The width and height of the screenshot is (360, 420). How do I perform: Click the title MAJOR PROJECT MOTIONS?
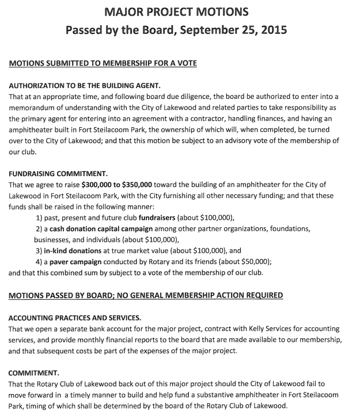tap(180, 11)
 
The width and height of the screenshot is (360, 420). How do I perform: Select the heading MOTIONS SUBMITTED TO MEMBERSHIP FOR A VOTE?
tap(103, 63)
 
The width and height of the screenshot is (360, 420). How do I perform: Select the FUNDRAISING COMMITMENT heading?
tap(59, 173)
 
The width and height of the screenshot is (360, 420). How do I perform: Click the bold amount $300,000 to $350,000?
tap(117, 185)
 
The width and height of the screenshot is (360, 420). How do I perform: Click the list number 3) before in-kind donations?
tap(39, 251)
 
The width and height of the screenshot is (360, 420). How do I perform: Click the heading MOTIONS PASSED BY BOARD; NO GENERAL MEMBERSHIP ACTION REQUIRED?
tap(146, 296)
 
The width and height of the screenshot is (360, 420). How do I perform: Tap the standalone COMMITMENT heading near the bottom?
tap(35, 372)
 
